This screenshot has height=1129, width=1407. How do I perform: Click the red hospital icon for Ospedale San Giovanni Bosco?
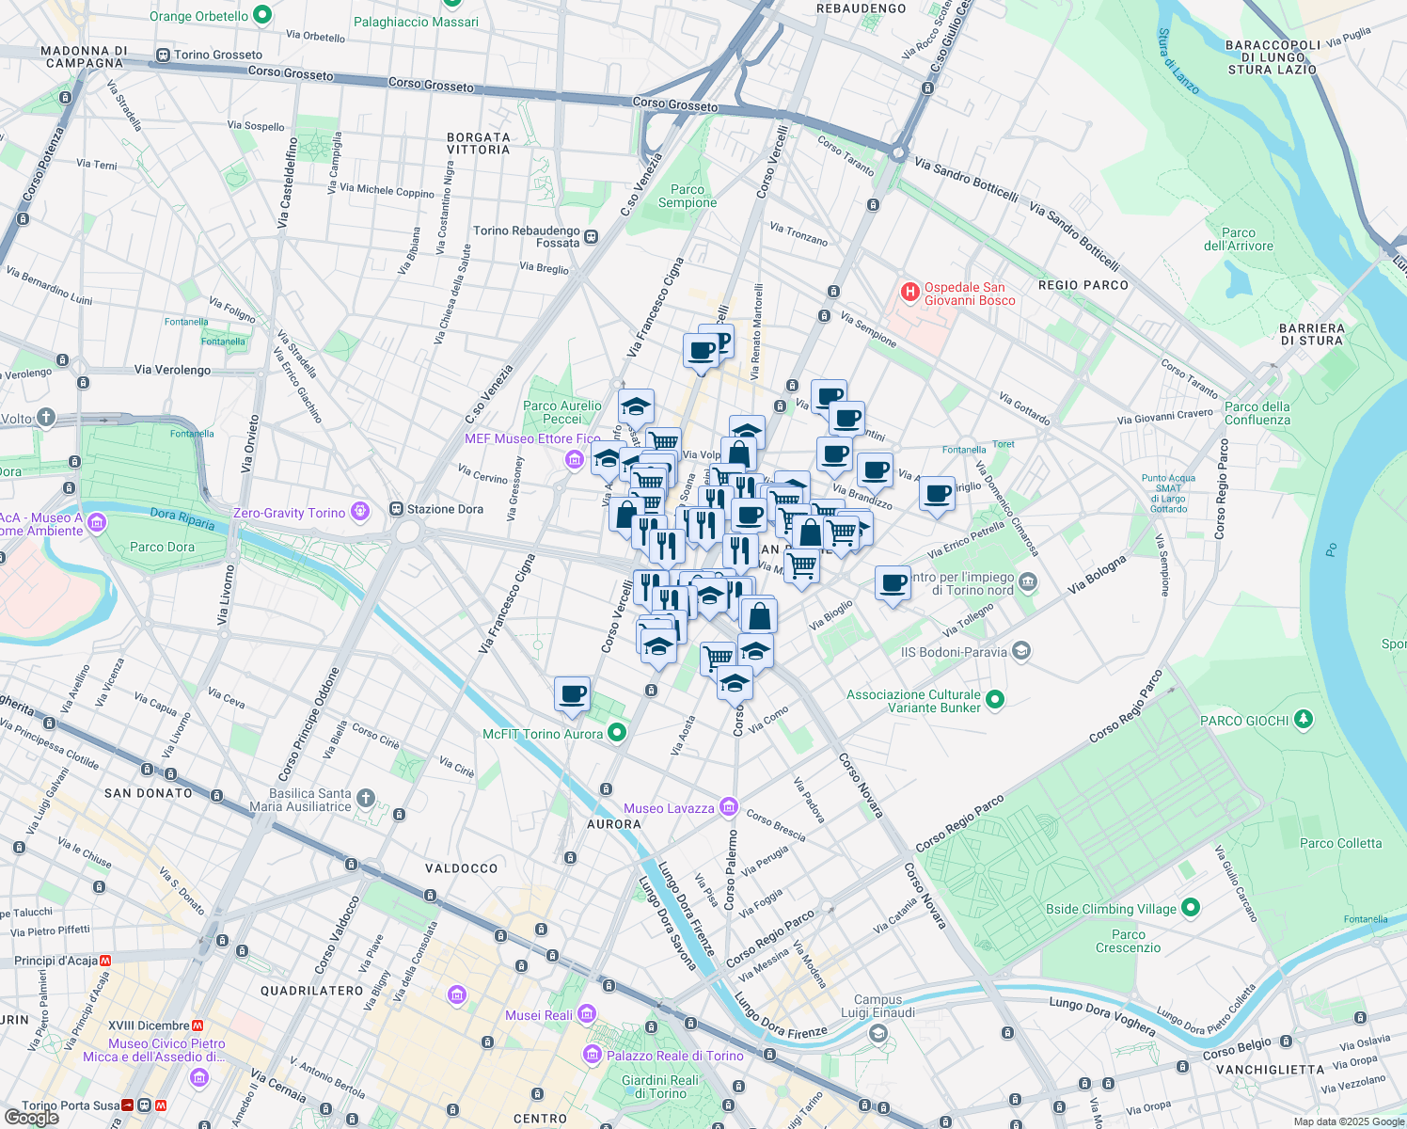[909, 292]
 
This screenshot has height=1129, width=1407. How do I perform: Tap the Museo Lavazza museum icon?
[728, 807]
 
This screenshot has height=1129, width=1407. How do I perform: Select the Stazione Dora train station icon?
[397, 509]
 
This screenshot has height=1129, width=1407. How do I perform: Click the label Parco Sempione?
[688, 196]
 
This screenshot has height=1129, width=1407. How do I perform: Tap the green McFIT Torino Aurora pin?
[617, 733]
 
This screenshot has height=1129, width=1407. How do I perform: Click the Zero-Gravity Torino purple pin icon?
[359, 512]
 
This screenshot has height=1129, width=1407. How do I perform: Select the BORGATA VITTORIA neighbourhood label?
[478, 143]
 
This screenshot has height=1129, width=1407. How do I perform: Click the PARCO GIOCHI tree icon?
[1303, 720]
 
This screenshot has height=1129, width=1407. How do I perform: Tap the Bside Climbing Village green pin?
[1191, 908]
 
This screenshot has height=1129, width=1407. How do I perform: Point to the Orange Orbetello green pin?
[262, 15]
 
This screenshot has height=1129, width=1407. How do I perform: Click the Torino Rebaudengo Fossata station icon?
[592, 236]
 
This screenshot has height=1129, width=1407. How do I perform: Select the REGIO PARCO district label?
[1083, 284]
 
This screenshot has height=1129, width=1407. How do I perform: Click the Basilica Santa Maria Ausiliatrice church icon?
[366, 799]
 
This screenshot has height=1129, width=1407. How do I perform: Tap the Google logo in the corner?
[31, 1117]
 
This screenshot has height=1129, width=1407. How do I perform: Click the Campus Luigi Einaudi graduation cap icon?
[877, 1034]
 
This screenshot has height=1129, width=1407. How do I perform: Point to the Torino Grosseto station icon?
[164, 55]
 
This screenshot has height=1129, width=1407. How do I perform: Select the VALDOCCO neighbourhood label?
[461, 867]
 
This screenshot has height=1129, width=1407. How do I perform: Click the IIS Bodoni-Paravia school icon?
[1021, 651]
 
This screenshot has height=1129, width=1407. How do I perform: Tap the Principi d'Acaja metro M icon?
[105, 961]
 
